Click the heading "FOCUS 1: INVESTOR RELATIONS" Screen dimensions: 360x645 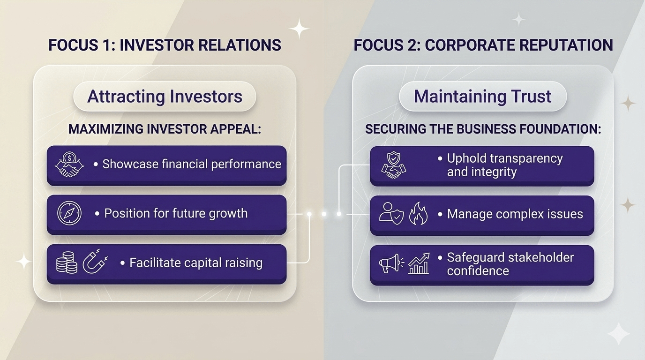tap(165, 45)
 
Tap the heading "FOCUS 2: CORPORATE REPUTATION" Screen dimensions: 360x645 tap(483, 45)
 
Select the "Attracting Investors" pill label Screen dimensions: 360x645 tap(165, 97)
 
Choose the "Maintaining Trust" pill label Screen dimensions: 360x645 tap(482, 97)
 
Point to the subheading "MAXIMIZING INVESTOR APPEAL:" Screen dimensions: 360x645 tap(165, 129)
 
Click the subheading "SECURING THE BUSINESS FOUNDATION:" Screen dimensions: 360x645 tap(483, 129)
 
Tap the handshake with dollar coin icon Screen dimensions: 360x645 tap(69, 165)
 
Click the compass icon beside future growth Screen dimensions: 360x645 tap(69, 213)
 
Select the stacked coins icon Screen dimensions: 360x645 tap(67, 262)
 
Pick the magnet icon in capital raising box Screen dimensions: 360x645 tap(94, 262)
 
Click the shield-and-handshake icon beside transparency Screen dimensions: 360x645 tap(394, 165)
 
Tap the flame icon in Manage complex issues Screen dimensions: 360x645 tap(419, 214)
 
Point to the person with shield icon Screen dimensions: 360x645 tap(391, 214)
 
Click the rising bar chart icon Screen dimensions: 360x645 tap(419, 263)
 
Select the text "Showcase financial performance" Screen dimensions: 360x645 tap(192, 164)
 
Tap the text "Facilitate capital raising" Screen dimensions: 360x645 tap(195, 262)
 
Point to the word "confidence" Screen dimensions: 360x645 tap(478, 270)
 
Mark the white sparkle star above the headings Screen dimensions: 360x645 tap(299, 29)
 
